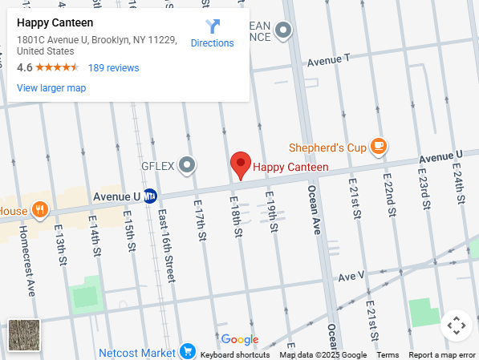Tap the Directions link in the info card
[x=212, y=34]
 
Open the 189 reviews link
[x=113, y=68]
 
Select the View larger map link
[x=51, y=88]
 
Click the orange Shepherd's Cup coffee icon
[x=379, y=147]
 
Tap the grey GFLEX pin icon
[x=187, y=166]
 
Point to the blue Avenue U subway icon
[x=150, y=196]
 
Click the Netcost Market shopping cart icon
[x=188, y=351]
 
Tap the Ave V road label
[x=351, y=276]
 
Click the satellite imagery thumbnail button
[x=24, y=335]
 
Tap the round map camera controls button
[x=456, y=326]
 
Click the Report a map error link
[x=442, y=355]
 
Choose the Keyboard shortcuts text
[x=235, y=355]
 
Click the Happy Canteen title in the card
[x=55, y=23]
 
